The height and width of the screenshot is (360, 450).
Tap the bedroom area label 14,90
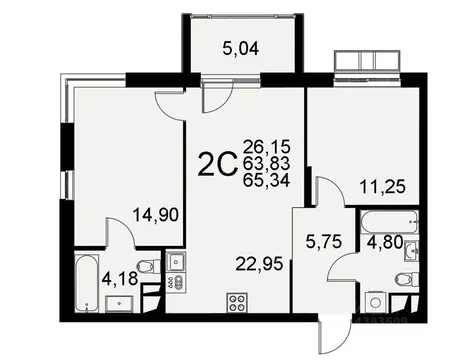coord(156,210)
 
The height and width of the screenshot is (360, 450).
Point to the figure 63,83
coord(276,163)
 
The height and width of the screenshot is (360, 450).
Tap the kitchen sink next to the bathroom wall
coord(177,263)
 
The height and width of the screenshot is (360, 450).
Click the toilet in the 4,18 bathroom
coord(146,267)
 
